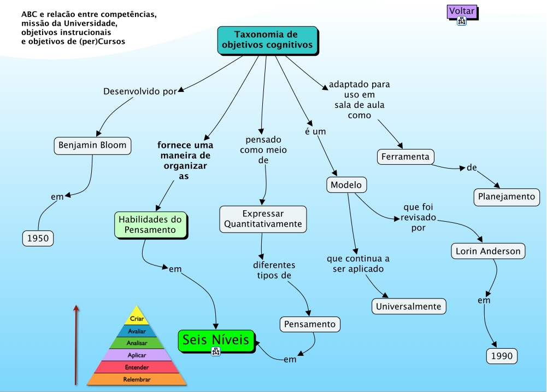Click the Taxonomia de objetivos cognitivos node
[x=268, y=40]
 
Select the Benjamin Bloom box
[x=92, y=146]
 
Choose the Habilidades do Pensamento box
[x=150, y=225]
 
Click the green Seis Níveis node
[x=216, y=340]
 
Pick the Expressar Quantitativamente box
[x=263, y=218]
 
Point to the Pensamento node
[x=310, y=324]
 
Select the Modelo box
[x=346, y=185]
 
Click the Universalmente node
[x=409, y=306]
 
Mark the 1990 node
[x=502, y=356]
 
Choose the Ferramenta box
[x=405, y=157]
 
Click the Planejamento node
[x=507, y=197]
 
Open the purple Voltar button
[x=462, y=10]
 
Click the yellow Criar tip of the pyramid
[x=137, y=317]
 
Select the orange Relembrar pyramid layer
[x=137, y=379]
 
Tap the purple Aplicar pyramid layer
[x=137, y=355]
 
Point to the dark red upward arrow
[x=77, y=345]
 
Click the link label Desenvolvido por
[x=140, y=91]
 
